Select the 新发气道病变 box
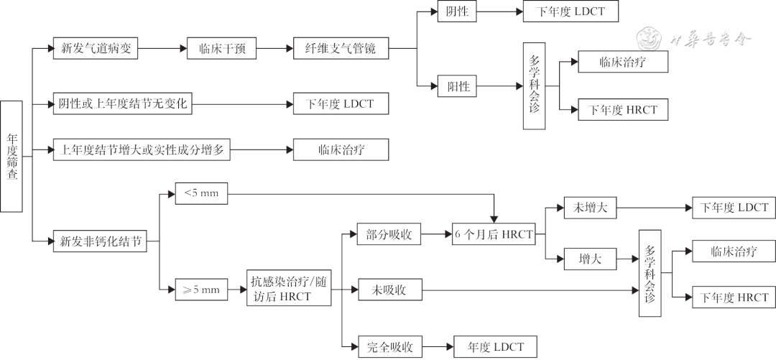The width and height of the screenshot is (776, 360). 96,49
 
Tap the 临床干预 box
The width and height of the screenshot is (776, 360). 221,50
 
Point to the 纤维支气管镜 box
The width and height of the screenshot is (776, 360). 341,50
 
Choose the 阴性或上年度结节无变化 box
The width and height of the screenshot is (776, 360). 123,104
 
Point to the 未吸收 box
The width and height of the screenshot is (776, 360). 390,290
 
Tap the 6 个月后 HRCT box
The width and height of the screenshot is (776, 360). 494,234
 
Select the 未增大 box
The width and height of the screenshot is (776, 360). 591,208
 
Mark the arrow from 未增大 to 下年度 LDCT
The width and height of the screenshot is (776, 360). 655,208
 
